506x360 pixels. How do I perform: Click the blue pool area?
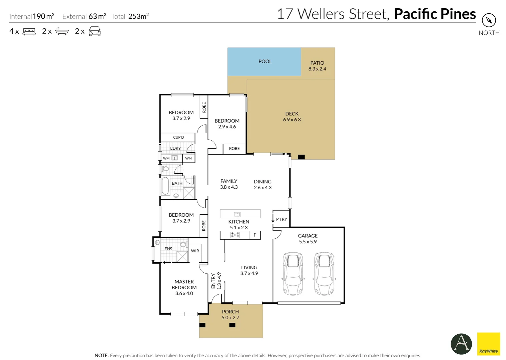pyautogui.click(x=264, y=62)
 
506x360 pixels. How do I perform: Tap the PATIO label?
pyautogui.click(x=317, y=63)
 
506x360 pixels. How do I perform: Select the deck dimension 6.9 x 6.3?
pyautogui.click(x=292, y=120)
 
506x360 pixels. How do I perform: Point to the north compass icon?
pyautogui.click(x=489, y=20)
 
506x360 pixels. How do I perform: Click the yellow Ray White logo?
pyautogui.click(x=488, y=344)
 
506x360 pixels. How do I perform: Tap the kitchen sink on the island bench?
pyautogui.click(x=237, y=214)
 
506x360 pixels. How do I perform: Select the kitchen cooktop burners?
pyautogui.click(x=235, y=235)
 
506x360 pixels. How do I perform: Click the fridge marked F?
pyautogui.click(x=255, y=235)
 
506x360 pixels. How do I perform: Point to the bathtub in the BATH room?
pyautogui.click(x=165, y=186)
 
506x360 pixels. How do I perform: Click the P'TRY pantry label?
pyautogui.click(x=281, y=219)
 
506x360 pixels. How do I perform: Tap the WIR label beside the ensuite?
pyautogui.click(x=195, y=251)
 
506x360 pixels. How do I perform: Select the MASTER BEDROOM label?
pyautogui.click(x=184, y=284)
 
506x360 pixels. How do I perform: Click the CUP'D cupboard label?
pyautogui.click(x=178, y=137)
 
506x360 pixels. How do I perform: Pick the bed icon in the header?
pyautogui.click(x=29, y=32)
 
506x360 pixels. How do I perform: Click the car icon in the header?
pyautogui.click(x=94, y=31)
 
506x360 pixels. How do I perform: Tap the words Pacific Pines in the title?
pyautogui.click(x=435, y=14)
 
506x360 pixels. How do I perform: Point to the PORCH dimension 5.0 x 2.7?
pyautogui.click(x=230, y=318)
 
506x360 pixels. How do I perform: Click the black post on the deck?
pyautogui.click(x=301, y=157)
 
